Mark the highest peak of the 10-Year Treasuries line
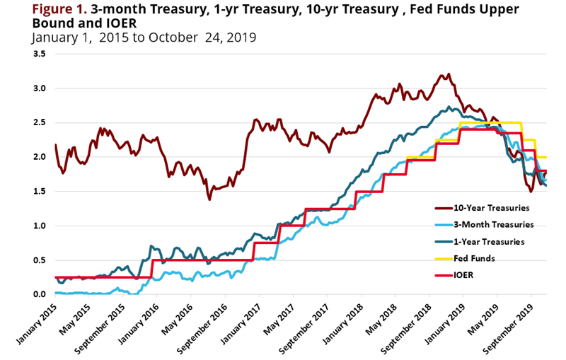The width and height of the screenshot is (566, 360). pos(446,74)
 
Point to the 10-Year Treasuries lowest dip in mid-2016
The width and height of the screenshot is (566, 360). pos(209,199)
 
